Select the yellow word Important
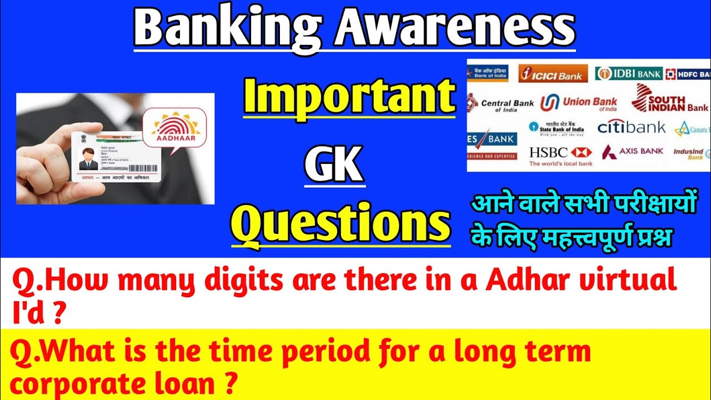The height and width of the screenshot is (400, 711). pos(349,97)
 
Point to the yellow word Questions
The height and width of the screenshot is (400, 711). pos(341,224)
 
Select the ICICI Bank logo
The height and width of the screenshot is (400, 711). pos(552,73)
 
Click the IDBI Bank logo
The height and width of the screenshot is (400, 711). pos(628,73)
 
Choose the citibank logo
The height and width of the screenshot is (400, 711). pos(631,128)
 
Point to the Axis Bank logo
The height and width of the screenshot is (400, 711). pos(633,152)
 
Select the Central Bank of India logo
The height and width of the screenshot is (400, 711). pos(500,104)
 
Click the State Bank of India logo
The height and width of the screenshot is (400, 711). pos(555,128)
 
